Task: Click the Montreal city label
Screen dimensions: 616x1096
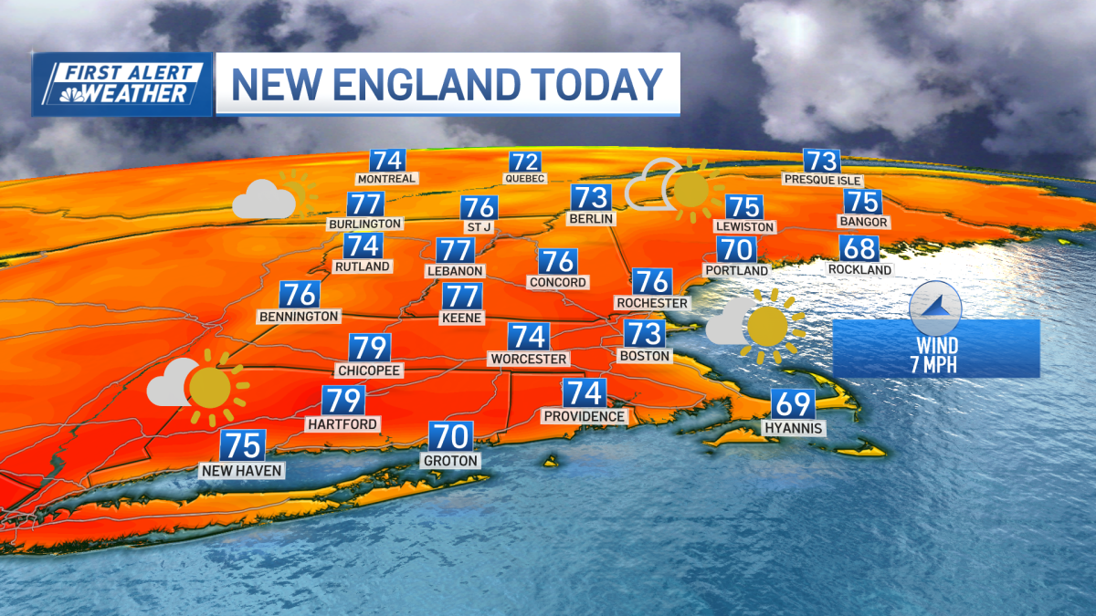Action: click(x=387, y=179)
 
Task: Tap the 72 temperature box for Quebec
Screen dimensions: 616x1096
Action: click(x=525, y=162)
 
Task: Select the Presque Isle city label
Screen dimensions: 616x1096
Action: click(x=822, y=180)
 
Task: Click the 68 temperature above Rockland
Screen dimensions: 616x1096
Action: click(x=859, y=248)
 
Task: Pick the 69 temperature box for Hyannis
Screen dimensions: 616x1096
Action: click(x=794, y=403)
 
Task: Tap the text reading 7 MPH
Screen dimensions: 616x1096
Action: click(x=937, y=364)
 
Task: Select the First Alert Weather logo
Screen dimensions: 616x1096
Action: click(x=122, y=83)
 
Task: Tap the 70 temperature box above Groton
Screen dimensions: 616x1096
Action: click(x=449, y=436)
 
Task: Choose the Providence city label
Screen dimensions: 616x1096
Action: click(x=585, y=416)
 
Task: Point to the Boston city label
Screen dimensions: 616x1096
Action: click(x=645, y=356)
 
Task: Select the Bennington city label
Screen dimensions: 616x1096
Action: click(x=299, y=317)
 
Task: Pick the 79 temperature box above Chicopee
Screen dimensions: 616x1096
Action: click(x=370, y=348)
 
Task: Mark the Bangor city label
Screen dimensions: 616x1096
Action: click(x=863, y=222)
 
